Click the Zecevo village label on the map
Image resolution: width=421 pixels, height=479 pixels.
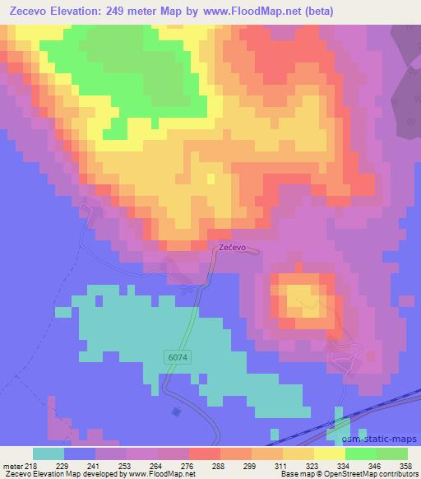(233, 248)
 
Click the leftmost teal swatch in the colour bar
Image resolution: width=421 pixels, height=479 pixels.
(48, 453)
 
